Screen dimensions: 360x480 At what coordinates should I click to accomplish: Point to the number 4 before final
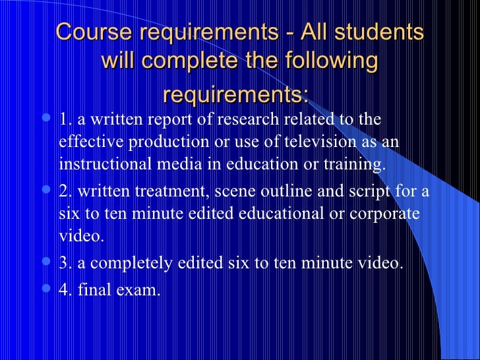[x=63, y=289]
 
